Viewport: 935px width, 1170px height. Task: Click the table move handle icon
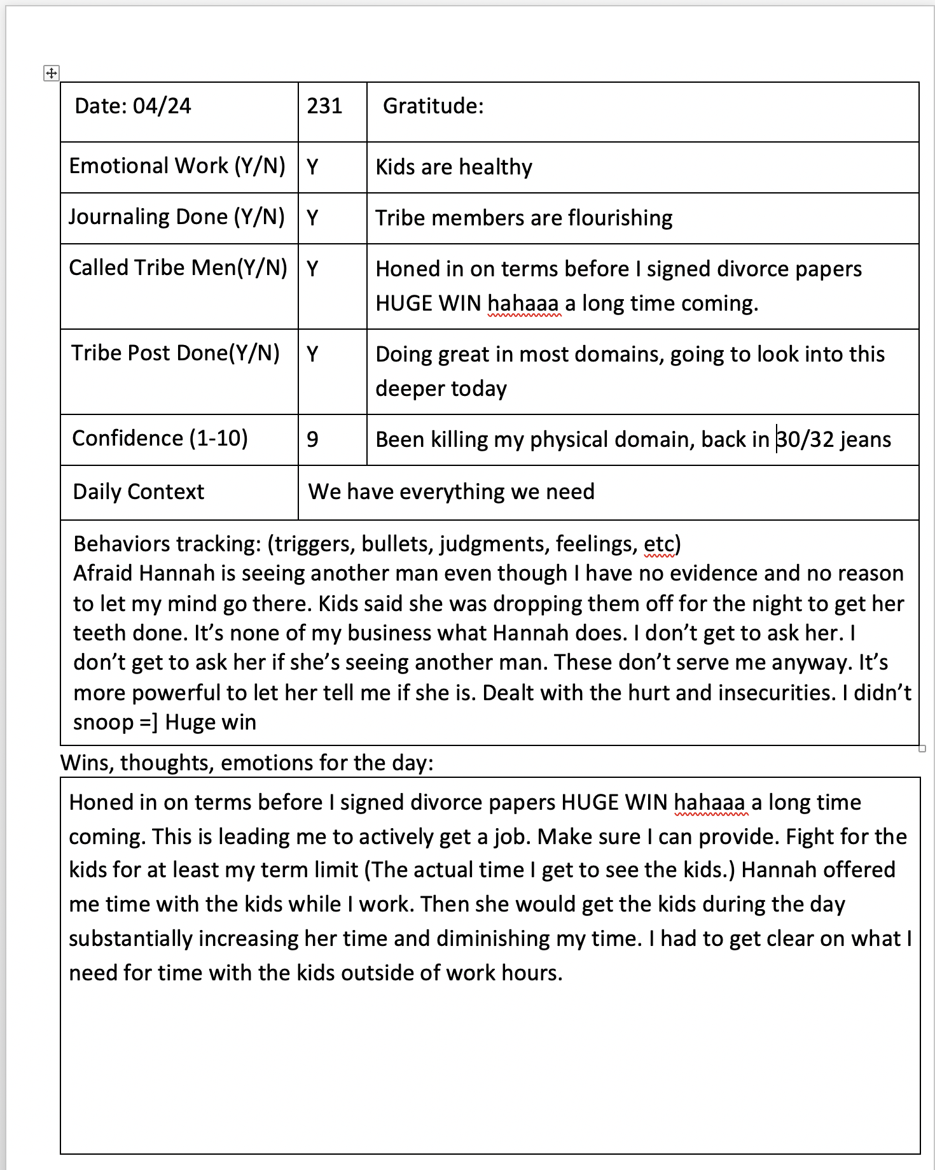52,73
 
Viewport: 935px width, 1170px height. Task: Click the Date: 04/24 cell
132,106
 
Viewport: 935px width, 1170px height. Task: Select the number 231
324,106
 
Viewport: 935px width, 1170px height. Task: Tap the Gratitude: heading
433,106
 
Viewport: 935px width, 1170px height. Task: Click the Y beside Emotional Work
312,167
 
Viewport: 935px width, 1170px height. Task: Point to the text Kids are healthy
454,167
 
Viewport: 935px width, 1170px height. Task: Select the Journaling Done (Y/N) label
176,217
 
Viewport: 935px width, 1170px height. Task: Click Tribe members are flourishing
523,218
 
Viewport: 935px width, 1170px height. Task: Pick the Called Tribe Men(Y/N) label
178,268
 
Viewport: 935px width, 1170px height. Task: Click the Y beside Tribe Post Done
312,353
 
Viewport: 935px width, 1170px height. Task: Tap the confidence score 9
312,439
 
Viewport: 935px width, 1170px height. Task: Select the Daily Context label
138,491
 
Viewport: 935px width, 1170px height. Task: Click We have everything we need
451,491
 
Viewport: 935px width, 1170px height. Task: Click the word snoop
102,722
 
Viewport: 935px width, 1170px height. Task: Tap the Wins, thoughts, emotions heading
247,762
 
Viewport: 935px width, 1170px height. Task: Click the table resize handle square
922,749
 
